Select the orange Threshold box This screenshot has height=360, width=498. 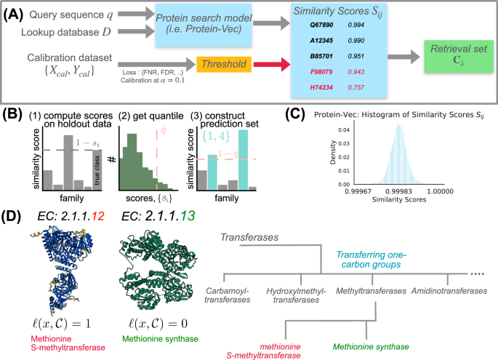223,63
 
